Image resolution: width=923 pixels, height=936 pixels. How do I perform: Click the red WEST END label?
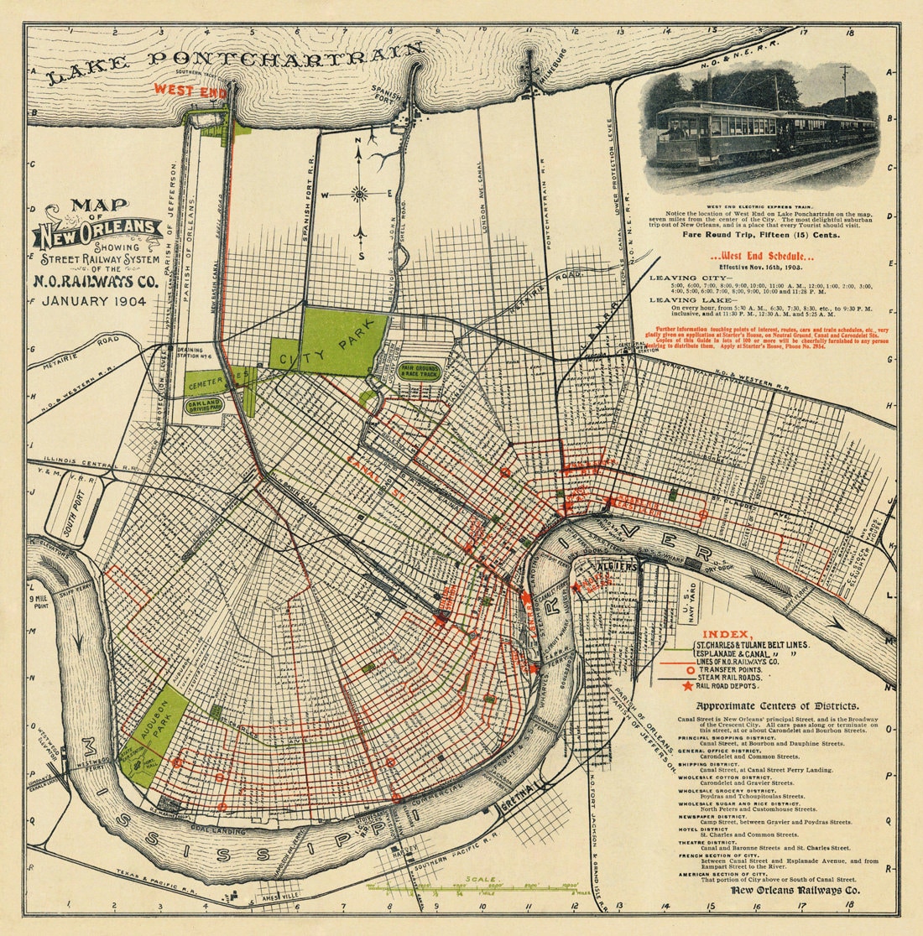pyautogui.click(x=189, y=90)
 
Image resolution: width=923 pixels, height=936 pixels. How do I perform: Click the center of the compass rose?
pyautogui.click(x=360, y=195)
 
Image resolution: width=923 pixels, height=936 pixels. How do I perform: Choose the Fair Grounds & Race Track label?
pyautogui.click(x=420, y=369)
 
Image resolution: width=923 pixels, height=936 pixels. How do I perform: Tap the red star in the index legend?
pyautogui.click(x=689, y=685)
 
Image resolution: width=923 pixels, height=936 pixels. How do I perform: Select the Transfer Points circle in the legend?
pyautogui.click(x=689, y=669)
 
